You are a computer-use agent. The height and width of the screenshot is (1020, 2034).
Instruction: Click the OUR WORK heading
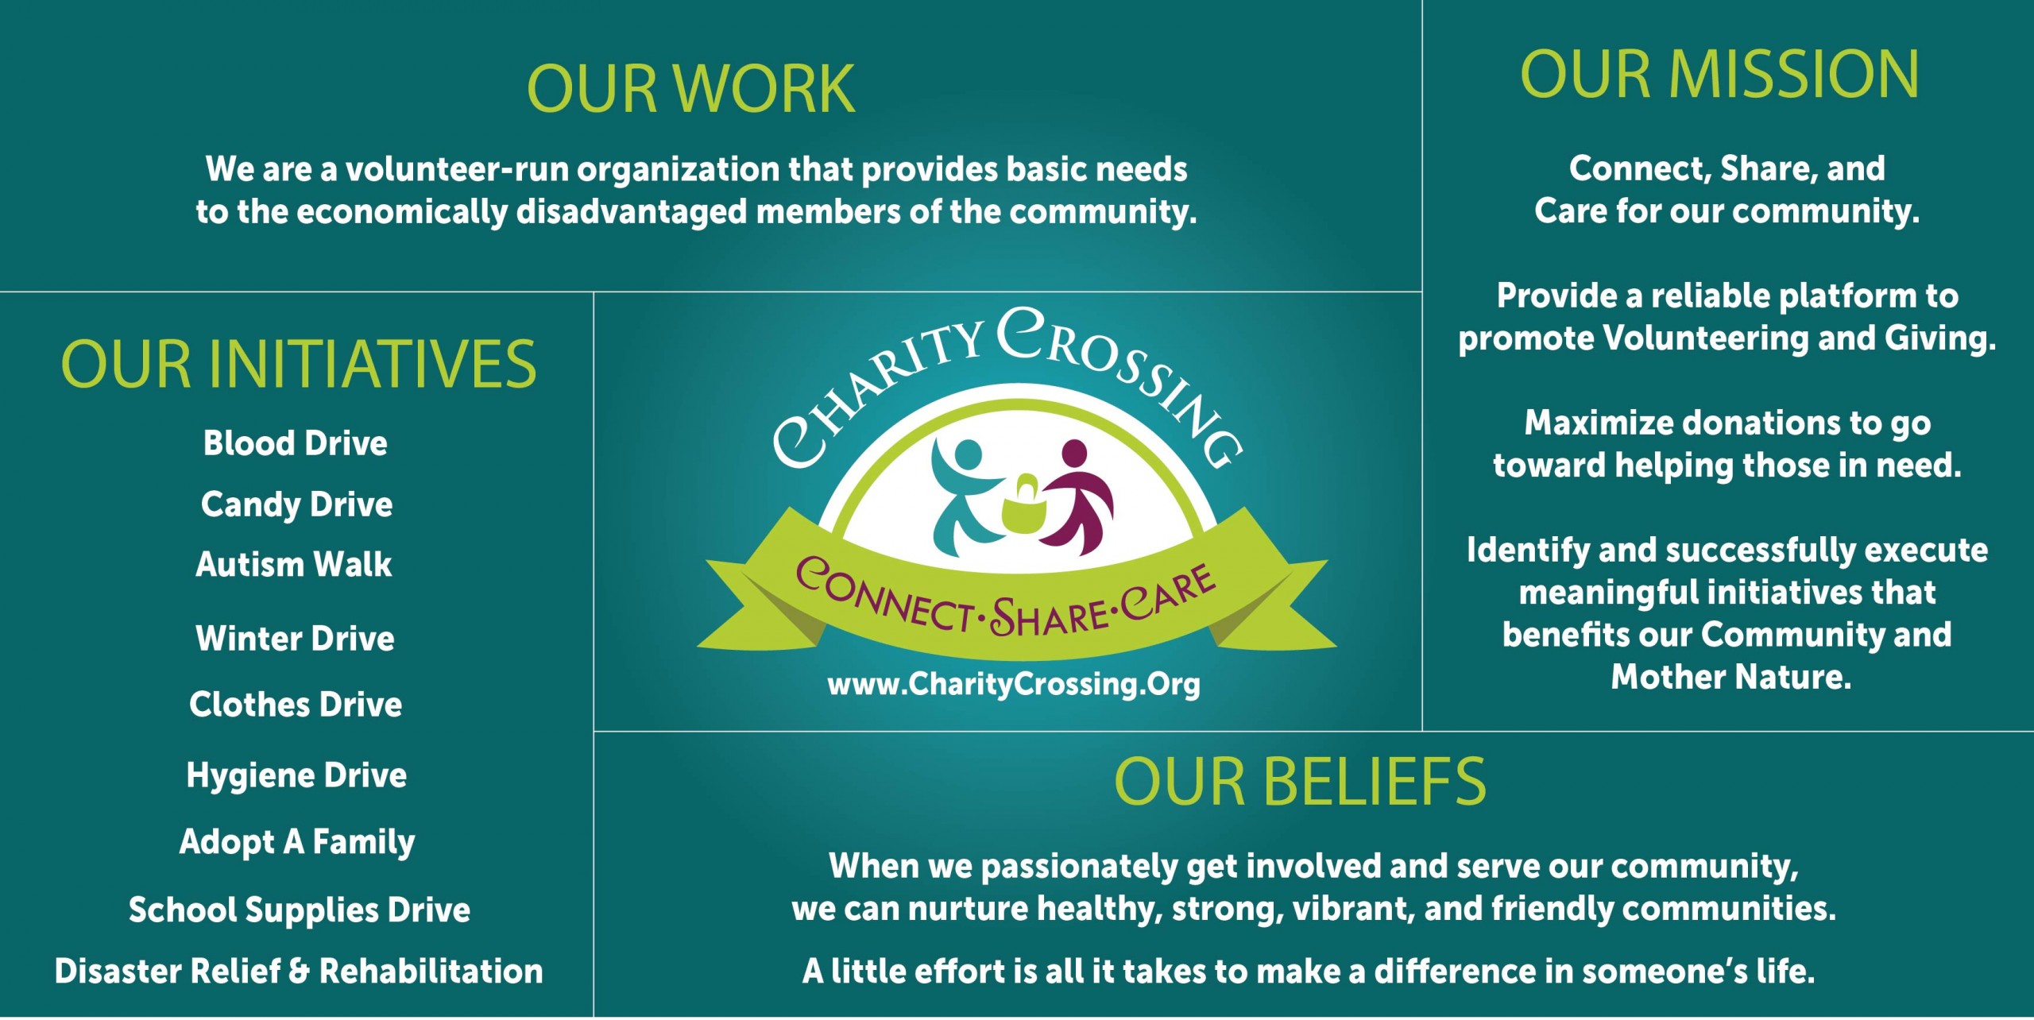tap(690, 88)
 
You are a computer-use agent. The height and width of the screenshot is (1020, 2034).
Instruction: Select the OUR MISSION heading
tap(1720, 73)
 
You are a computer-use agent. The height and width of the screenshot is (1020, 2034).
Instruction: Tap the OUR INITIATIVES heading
tap(299, 364)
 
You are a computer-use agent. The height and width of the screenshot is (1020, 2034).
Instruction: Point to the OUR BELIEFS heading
tap(1300, 782)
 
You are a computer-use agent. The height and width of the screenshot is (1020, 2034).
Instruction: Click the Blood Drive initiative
tap(296, 442)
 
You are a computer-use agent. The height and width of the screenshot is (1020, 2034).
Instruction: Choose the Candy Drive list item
tap(296, 505)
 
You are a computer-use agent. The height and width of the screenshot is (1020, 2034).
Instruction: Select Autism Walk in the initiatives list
tap(294, 564)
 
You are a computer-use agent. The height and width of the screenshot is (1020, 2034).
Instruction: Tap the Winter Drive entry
tap(295, 638)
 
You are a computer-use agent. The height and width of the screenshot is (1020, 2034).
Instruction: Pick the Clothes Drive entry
tap(296, 704)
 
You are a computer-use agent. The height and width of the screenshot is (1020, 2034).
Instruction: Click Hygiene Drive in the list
tap(296, 776)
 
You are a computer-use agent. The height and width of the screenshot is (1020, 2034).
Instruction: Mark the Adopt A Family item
tap(297, 843)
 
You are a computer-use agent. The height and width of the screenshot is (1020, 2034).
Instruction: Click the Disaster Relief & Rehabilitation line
tap(299, 971)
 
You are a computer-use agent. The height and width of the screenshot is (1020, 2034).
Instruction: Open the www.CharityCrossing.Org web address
tap(1014, 685)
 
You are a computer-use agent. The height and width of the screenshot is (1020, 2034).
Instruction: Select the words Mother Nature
tap(1731, 677)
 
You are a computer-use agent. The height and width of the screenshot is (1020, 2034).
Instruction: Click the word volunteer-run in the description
tap(457, 169)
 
